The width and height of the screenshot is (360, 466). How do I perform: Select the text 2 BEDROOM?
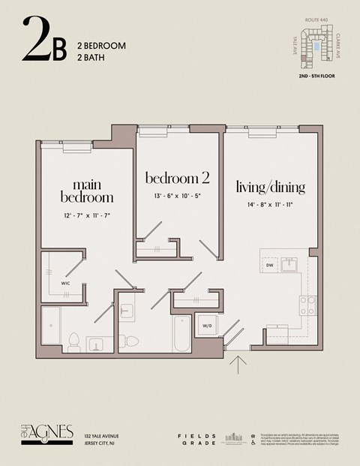coord(101,46)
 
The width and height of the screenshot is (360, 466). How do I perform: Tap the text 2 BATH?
coord(91,57)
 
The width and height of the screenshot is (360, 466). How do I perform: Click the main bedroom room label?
coord(87,191)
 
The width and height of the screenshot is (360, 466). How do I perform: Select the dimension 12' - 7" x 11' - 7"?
coord(87,215)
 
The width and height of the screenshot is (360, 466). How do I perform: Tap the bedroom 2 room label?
coord(177,178)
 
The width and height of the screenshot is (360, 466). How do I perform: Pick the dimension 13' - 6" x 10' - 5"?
coord(177,196)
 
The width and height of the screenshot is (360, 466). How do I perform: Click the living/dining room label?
coord(271,186)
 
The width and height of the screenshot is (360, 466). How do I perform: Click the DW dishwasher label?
coord(269,266)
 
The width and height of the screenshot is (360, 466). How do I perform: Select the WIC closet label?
coord(65,284)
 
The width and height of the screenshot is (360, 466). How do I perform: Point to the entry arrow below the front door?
coord(239,365)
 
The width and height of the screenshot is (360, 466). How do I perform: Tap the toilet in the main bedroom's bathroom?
coord(73,342)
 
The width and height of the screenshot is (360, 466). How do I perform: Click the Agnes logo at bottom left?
coord(46,434)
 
